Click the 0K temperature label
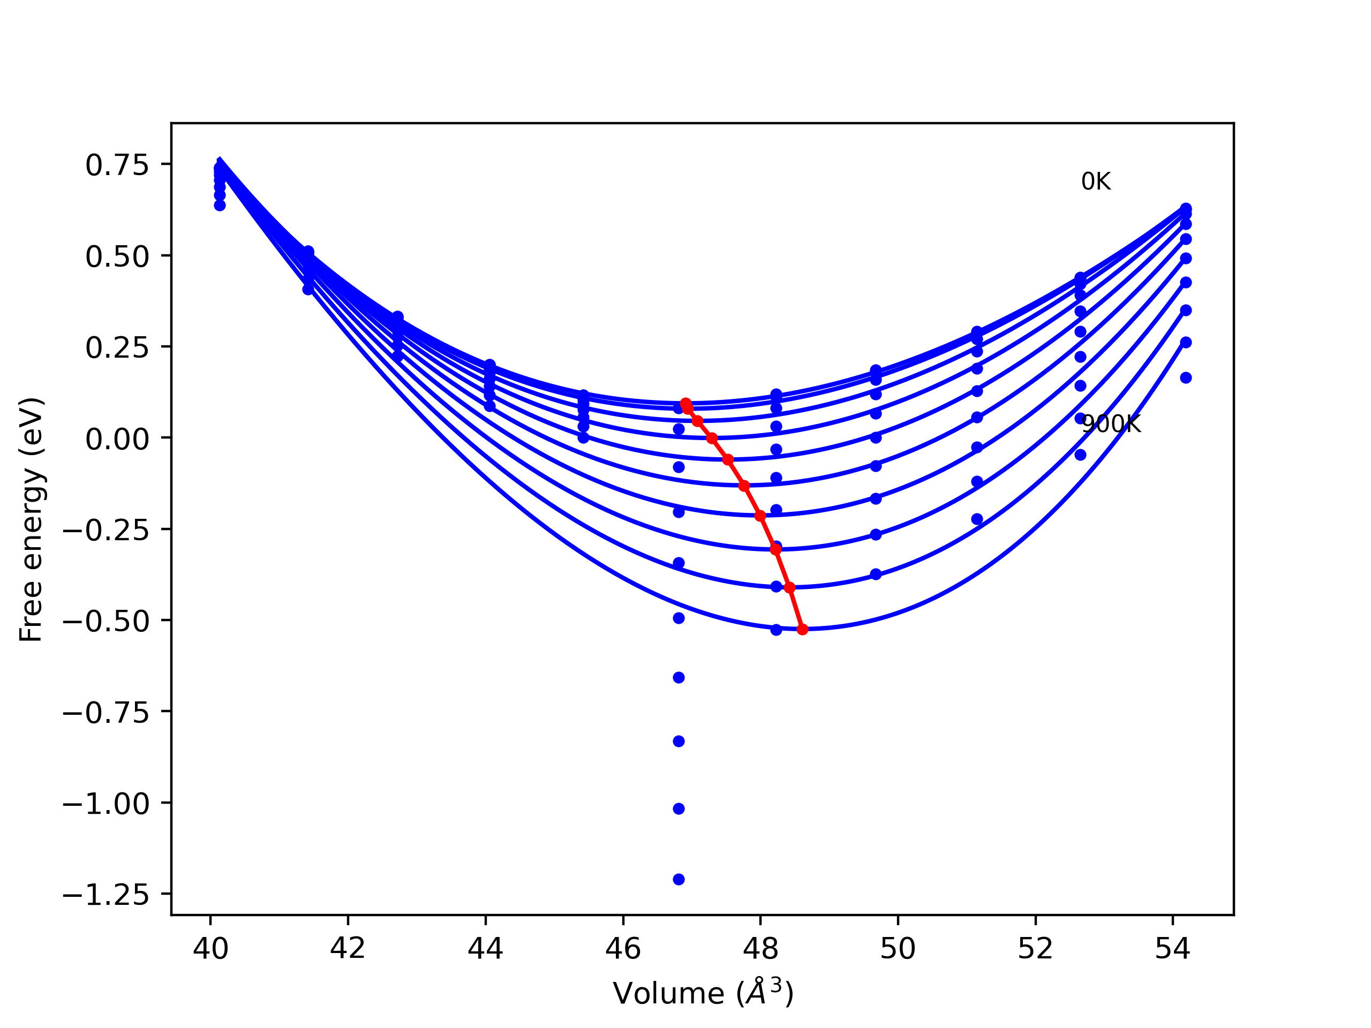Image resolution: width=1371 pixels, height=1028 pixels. coord(1095,182)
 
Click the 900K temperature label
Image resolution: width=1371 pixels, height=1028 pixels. coord(1111,425)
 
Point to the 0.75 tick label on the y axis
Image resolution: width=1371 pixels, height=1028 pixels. coord(117,165)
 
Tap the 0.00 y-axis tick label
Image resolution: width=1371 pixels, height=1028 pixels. coord(117,440)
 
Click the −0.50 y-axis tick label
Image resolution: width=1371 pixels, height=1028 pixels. coord(106,622)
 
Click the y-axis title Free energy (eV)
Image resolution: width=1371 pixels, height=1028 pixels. coord(31,520)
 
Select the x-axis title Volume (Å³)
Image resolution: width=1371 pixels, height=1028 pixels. coord(703,993)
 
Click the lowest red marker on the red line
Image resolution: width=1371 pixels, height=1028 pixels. coord(802,630)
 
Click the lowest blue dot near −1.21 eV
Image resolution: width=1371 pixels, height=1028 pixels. coord(679,879)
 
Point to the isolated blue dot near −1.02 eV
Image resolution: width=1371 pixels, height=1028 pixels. coord(679,808)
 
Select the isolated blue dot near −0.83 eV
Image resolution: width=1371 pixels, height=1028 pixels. coord(679,741)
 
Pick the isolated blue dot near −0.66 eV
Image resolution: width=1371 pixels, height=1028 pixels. coord(679,677)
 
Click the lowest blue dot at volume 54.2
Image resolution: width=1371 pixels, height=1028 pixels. coord(1186,378)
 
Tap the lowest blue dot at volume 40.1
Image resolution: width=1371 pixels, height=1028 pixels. coord(220,205)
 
